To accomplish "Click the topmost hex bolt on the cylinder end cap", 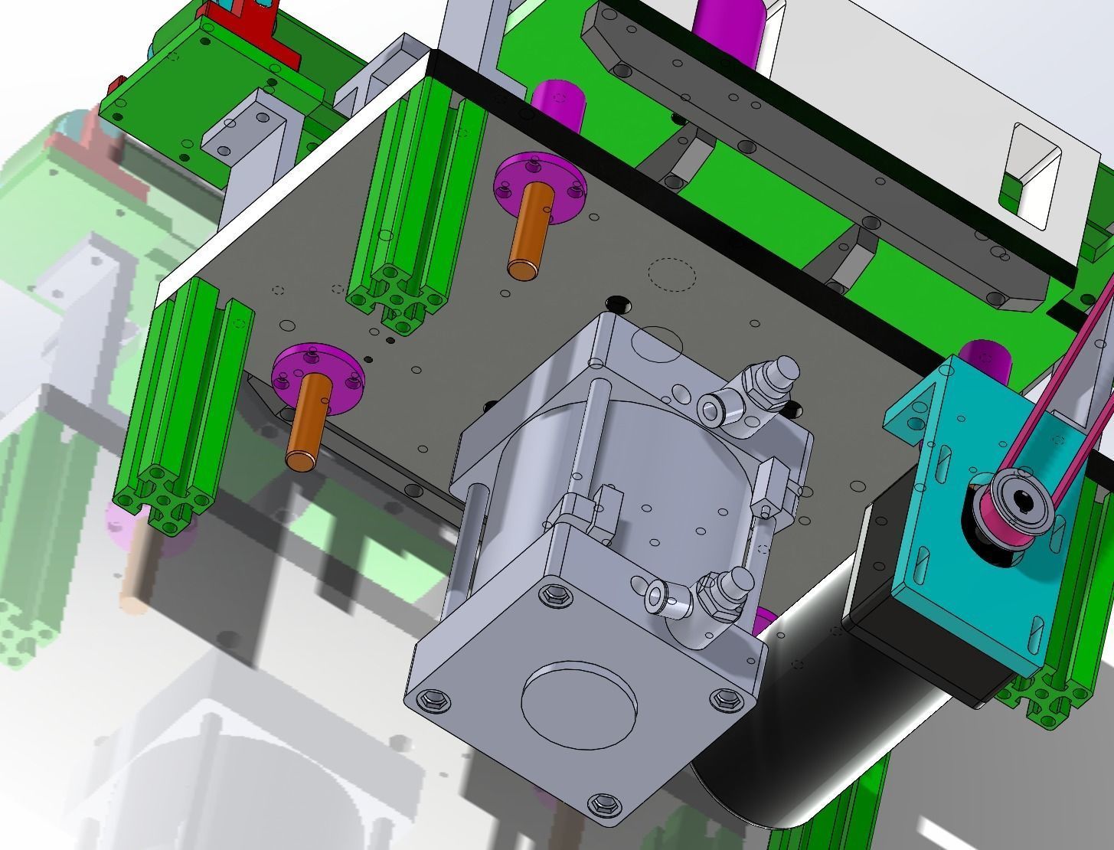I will (555, 595).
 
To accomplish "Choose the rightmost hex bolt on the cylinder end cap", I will (724, 698).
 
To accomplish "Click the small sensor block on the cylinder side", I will (590, 510).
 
